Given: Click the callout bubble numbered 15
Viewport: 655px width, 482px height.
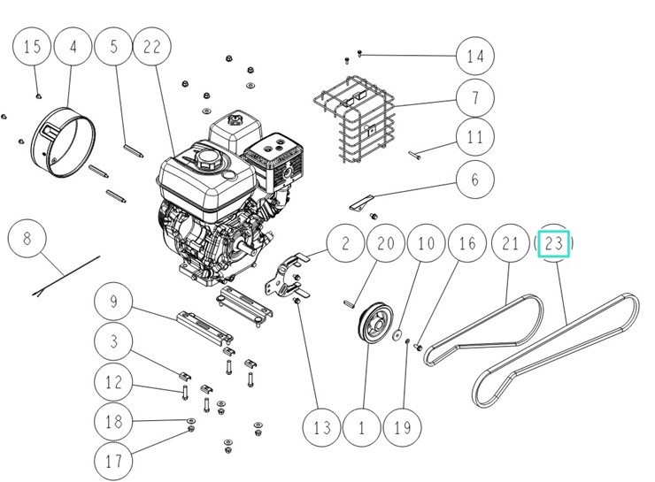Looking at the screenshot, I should coord(33,49).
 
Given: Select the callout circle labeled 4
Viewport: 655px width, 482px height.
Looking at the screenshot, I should coord(74,49).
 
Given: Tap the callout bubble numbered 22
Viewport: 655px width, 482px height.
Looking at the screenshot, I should coord(152,49).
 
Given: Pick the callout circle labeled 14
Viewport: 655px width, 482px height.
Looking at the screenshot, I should coord(476,57).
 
